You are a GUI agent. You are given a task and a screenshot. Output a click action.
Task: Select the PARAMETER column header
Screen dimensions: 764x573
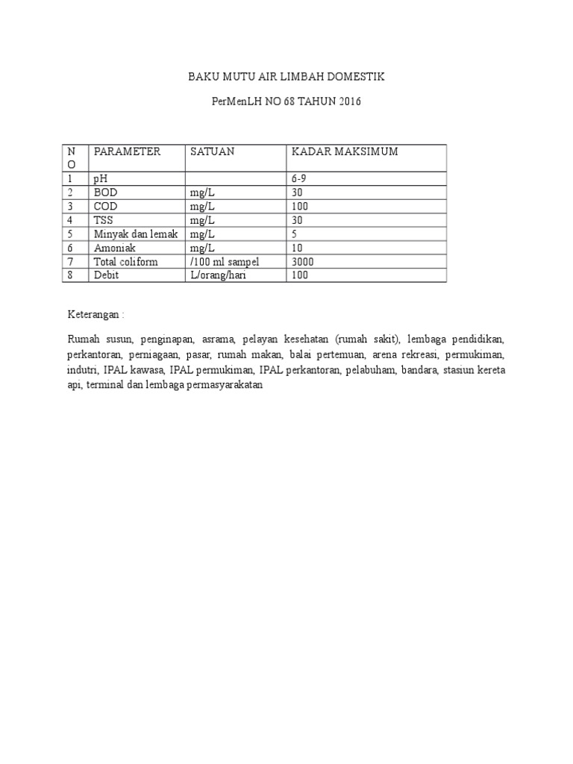pyautogui.click(x=127, y=151)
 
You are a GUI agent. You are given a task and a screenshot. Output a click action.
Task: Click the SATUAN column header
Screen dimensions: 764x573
pyautogui.click(x=212, y=151)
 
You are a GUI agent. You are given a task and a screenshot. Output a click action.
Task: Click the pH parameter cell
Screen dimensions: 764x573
pyautogui.click(x=100, y=179)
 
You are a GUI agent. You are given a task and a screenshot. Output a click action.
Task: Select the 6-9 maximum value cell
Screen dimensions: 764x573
pyautogui.click(x=300, y=179)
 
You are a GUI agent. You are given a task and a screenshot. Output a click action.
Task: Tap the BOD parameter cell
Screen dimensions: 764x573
pyautogui.click(x=105, y=192)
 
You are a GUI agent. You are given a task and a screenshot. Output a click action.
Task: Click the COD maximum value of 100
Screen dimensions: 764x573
pyautogui.click(x=300, y=206)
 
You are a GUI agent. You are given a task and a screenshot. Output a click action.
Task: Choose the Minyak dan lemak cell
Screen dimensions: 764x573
pyautogui.click(x=135, y=234)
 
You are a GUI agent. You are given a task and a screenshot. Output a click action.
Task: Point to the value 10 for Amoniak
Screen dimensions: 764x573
pyautogui.click(x=297, y=248)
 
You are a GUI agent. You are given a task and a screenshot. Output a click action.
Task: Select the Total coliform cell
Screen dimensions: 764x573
pyautogui.click(x=125, y=261)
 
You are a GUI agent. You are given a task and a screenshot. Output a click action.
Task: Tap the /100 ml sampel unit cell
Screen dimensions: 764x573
pyautogui.click(x=224, y=261)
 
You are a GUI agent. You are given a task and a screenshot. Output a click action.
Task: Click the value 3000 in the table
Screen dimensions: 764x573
pyautogui.click(x=303, y=261)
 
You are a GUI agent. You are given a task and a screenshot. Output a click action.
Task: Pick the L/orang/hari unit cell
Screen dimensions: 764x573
pyautogui.click(x=218, y=275)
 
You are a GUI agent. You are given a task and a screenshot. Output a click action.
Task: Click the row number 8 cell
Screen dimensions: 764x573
pyautogui.click(x=70, y=275)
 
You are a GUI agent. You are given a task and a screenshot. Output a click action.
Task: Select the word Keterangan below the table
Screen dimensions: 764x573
pyautogui.click(x=93, y=315)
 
